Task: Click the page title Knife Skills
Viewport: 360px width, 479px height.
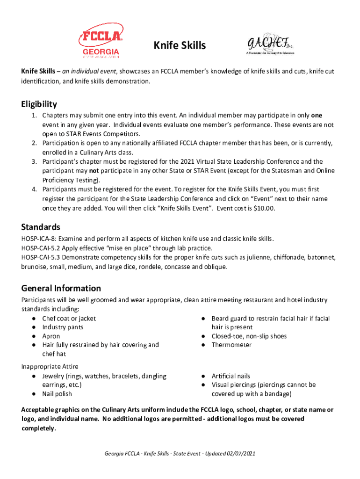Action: pyautogui.click(x=180, y=45)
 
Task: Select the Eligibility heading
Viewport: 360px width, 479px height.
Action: pyautogui.click(x=39, y=104)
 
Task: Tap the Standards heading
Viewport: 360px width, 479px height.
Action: pyautogui.click(x=41, y=227)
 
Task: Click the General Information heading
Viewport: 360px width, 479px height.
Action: pyautogui.click(x=61, y=288)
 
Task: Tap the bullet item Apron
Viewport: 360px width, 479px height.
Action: pyautogui.click(x=51, y=336)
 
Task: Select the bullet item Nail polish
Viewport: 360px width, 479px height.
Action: pyautogui.click(x=57, y=394)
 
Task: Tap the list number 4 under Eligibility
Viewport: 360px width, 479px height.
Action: pyautogui.click(x=34, y=189)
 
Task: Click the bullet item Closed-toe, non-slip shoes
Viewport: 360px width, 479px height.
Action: pyautogui.click(x=249, y=336)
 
